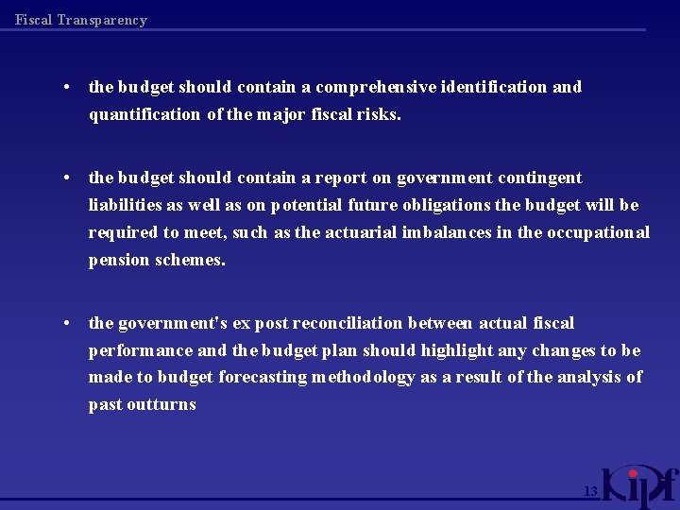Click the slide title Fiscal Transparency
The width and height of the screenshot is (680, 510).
pos(81,20)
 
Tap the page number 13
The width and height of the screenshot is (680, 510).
pos(590,491)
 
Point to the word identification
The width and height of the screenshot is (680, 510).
pos(494,87)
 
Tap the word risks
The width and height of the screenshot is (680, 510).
pos(379,114)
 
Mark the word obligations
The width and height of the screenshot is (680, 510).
pos(446,205)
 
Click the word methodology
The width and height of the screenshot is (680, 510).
pos(364,377)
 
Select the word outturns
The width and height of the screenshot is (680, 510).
pos(162,404)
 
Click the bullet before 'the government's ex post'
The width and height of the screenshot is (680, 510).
pos(69,323)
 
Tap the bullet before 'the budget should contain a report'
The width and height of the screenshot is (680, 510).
pos(69,178)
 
